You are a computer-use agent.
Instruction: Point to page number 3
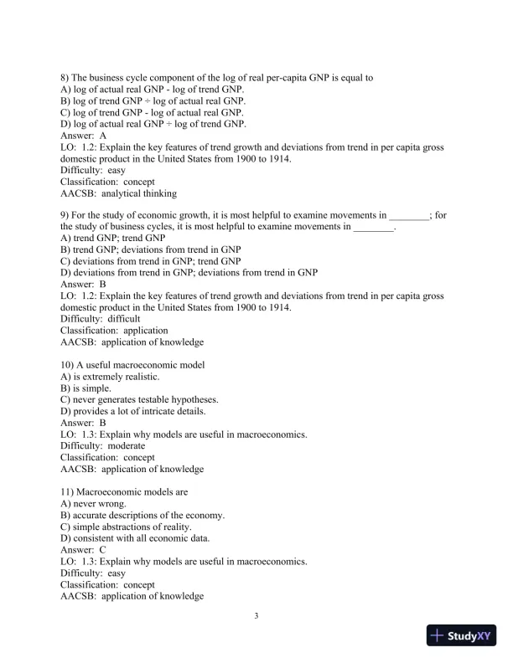pyautogui.click(x=256, y=617)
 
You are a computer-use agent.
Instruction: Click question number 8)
pyautogui.click(x=67, y=78)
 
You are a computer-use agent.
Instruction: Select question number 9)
pyautogui.click(x=67, y=215)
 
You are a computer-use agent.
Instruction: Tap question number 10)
pyautogui.click(x=70, y=365)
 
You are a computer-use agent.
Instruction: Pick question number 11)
pyautogui.click(x=70, y=491)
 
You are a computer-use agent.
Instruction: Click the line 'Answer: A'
pyautogui.click(x=84, y=135)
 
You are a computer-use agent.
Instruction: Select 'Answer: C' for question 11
pyautogui.click(x=84, y=549)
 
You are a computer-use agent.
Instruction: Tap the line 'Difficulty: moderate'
pyautogui.click(x=103, y=446)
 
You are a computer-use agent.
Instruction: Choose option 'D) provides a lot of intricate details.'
pyautogui.click(x=133, y=411)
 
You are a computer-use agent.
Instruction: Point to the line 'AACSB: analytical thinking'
pyautogui.click(x=118, y=193)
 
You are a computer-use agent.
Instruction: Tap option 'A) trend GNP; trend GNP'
pyautogui.click(x=113, y=239)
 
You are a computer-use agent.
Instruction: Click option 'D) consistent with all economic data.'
pyautogui.click(x=135, y=538)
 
